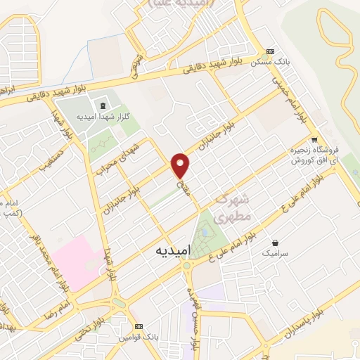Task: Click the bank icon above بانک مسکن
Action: point(269,52)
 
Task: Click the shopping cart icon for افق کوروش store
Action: point(314,139)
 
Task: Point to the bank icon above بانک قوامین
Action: point(139,327)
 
